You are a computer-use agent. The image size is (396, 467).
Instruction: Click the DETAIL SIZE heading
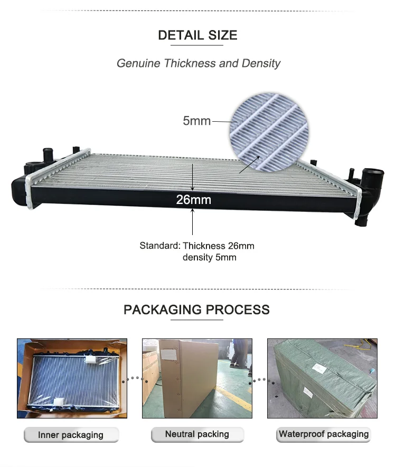pyautogui.click(x=197, y=35)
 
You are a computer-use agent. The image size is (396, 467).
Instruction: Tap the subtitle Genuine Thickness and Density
pyautogui.click(x=198, y=63)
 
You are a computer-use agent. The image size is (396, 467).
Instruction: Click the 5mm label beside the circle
pyautogui.click(x=196, y=121)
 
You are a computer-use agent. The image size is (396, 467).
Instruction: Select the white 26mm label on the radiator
pyautogui.click(x=193, y=200)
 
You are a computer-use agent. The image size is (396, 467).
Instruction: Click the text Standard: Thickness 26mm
pyautogui.click(x=197, y=246)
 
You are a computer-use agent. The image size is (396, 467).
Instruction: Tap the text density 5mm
pyautogui.click(x=209, y=257)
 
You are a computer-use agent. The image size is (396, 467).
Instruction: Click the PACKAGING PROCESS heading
pyautogui.click(x=196, y=309)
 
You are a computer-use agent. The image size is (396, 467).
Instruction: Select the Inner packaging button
pyautogui.click(x=71, y=435)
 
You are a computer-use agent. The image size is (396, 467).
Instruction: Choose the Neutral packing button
pyautogui.click(x=197, y=434)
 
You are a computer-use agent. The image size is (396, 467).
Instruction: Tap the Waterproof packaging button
pyautogui.click(x=323, y=434)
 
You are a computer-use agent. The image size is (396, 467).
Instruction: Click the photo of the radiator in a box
pyautogui.click(x=72, y=378)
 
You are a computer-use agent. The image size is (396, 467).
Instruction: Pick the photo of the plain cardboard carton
pyautogui.click(x=197, y=378)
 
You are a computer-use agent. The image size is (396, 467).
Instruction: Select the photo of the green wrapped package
pyautogui.click(x=322, y=378)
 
